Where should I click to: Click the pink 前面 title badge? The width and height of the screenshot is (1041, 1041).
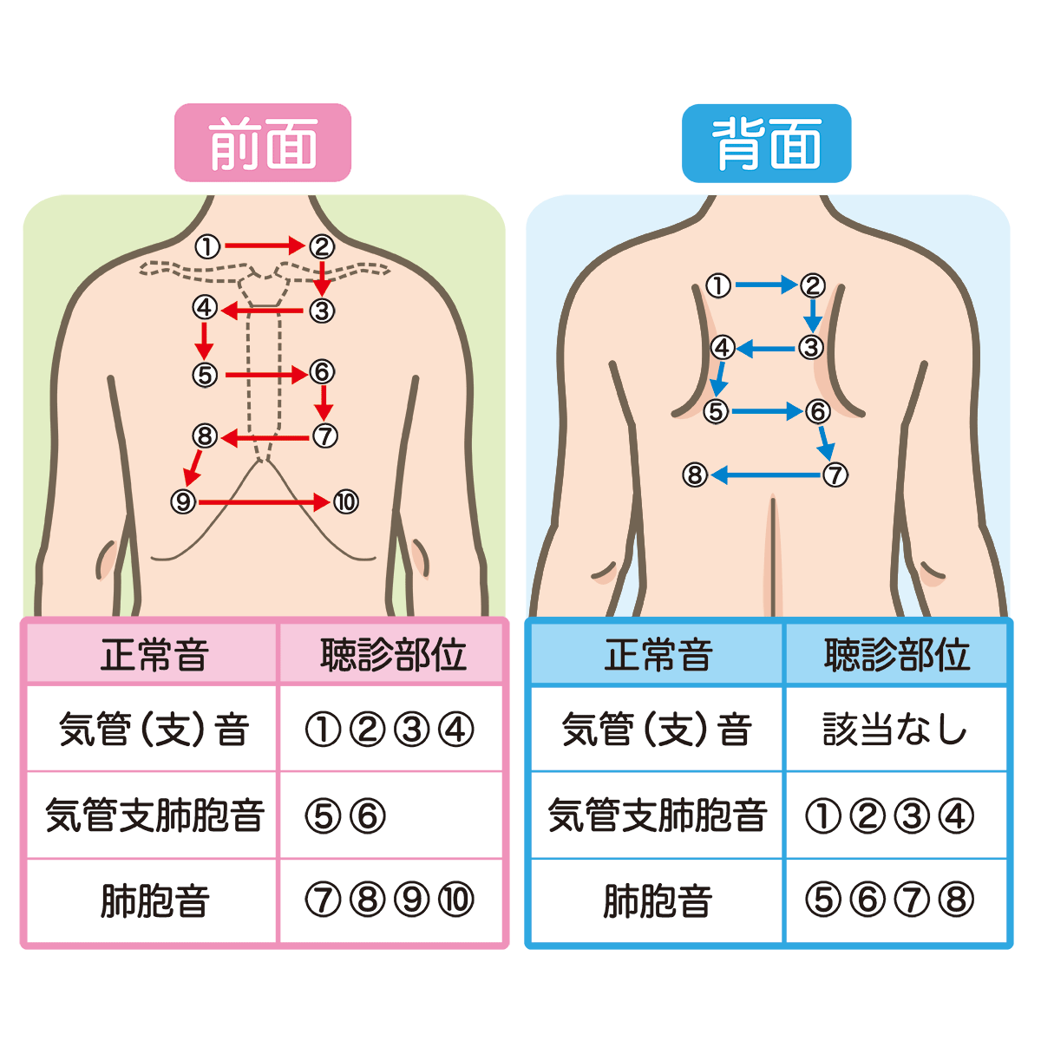(263, 142)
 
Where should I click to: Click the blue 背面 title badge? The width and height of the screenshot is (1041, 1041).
(766, 143)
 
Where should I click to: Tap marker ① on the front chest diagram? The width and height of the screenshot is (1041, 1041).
(207, 247)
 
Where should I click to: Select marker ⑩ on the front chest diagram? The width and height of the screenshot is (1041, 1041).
(346, 502)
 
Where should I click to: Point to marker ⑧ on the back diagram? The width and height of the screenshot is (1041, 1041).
(695, 475)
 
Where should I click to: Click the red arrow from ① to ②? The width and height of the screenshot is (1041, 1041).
(265, 246)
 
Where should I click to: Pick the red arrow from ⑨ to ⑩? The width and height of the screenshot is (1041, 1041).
(265, 502)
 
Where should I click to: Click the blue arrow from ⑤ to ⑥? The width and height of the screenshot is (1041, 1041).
(768, 411)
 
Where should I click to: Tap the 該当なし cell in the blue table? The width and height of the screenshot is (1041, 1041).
(894, 729)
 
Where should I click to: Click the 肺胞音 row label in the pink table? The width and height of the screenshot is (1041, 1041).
(154, 901)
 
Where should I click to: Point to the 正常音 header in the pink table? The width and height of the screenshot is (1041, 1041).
(154, 655)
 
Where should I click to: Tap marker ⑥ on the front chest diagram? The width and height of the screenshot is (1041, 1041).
(322, 372)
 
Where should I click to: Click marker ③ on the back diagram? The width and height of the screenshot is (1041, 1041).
(811, 347)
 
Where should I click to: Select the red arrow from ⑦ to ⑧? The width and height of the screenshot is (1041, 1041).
(265, 437)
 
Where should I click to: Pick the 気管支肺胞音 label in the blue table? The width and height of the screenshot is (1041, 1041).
(658, 815)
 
